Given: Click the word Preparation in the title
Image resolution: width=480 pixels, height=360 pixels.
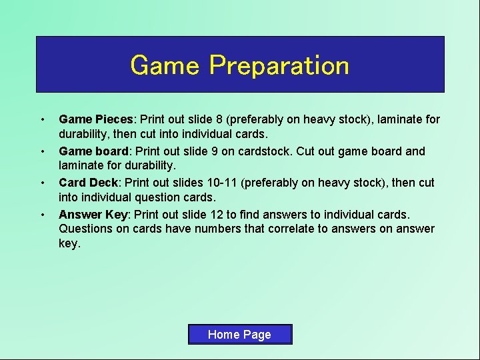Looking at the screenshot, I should (279, 65).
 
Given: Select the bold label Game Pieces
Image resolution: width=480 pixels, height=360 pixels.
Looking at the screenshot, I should (96, 119).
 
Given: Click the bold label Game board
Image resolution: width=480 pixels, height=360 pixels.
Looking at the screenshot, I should (93, 151).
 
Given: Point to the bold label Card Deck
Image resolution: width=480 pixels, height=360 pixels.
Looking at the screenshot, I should (87, 183).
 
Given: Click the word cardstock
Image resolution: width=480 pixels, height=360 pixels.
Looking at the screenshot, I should (261, 151).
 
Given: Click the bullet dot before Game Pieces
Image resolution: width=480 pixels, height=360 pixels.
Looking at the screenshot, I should (43, 120).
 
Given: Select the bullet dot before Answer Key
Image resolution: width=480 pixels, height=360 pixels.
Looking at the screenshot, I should (43, 215).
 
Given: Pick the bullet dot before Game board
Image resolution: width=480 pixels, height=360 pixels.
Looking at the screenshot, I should (43, 152).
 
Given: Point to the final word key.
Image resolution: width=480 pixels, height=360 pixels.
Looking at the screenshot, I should (69, 244).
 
